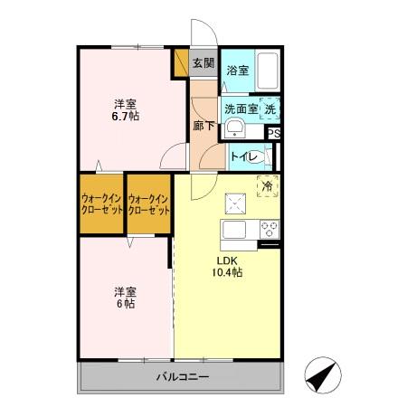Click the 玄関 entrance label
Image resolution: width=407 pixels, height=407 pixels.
(x=203, y=63)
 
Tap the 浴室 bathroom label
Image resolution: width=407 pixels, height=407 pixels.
(x=238, y=70)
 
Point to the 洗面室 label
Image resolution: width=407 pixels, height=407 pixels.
(x=241, y=109)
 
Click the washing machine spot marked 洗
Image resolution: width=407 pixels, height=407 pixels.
(x=270, y=108)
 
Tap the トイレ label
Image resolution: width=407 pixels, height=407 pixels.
(x=245, y=156)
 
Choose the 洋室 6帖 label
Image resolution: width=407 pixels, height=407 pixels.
(x=125, y=298)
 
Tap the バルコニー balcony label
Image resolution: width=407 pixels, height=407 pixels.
(x=182, y=376)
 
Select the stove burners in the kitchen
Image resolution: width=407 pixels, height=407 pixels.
(x=270, y=227)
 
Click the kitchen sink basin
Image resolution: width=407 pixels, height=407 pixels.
(x=234, y=227)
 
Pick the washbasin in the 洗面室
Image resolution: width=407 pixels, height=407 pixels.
(x=234, y=128)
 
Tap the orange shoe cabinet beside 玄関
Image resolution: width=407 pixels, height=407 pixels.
(x=180, y=64)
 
